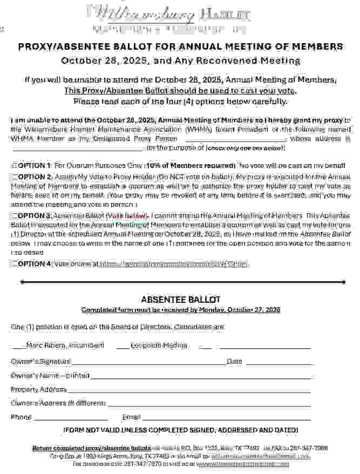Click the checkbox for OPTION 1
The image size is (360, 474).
[x=13, y=165]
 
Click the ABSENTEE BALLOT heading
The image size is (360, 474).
[x=180, y=300]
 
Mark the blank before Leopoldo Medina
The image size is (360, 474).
[x=123, y=346]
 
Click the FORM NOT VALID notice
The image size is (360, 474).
[x=180, y=430]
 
